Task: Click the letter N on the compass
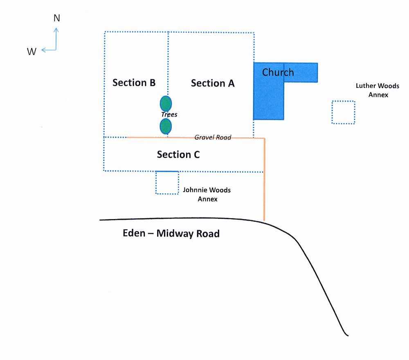[57, 18]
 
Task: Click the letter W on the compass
[31, 51]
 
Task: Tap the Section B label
[134, 83]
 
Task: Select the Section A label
[213, 83]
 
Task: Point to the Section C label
[178, 154]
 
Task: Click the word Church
[278, 72]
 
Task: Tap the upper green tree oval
[166, 103]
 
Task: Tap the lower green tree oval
[166, 126]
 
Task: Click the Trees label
[169, 114]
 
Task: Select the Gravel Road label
[213, 137]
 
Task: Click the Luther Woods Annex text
[378, 90]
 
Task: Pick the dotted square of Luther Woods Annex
[332, 112]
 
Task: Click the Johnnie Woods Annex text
[207, 194]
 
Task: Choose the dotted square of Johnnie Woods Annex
[156, 183]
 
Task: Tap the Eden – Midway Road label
[171, 233]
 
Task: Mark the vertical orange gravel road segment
[264, 180]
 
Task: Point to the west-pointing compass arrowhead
[43, 50]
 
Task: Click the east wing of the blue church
[301, 73]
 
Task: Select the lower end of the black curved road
[348, 335]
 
